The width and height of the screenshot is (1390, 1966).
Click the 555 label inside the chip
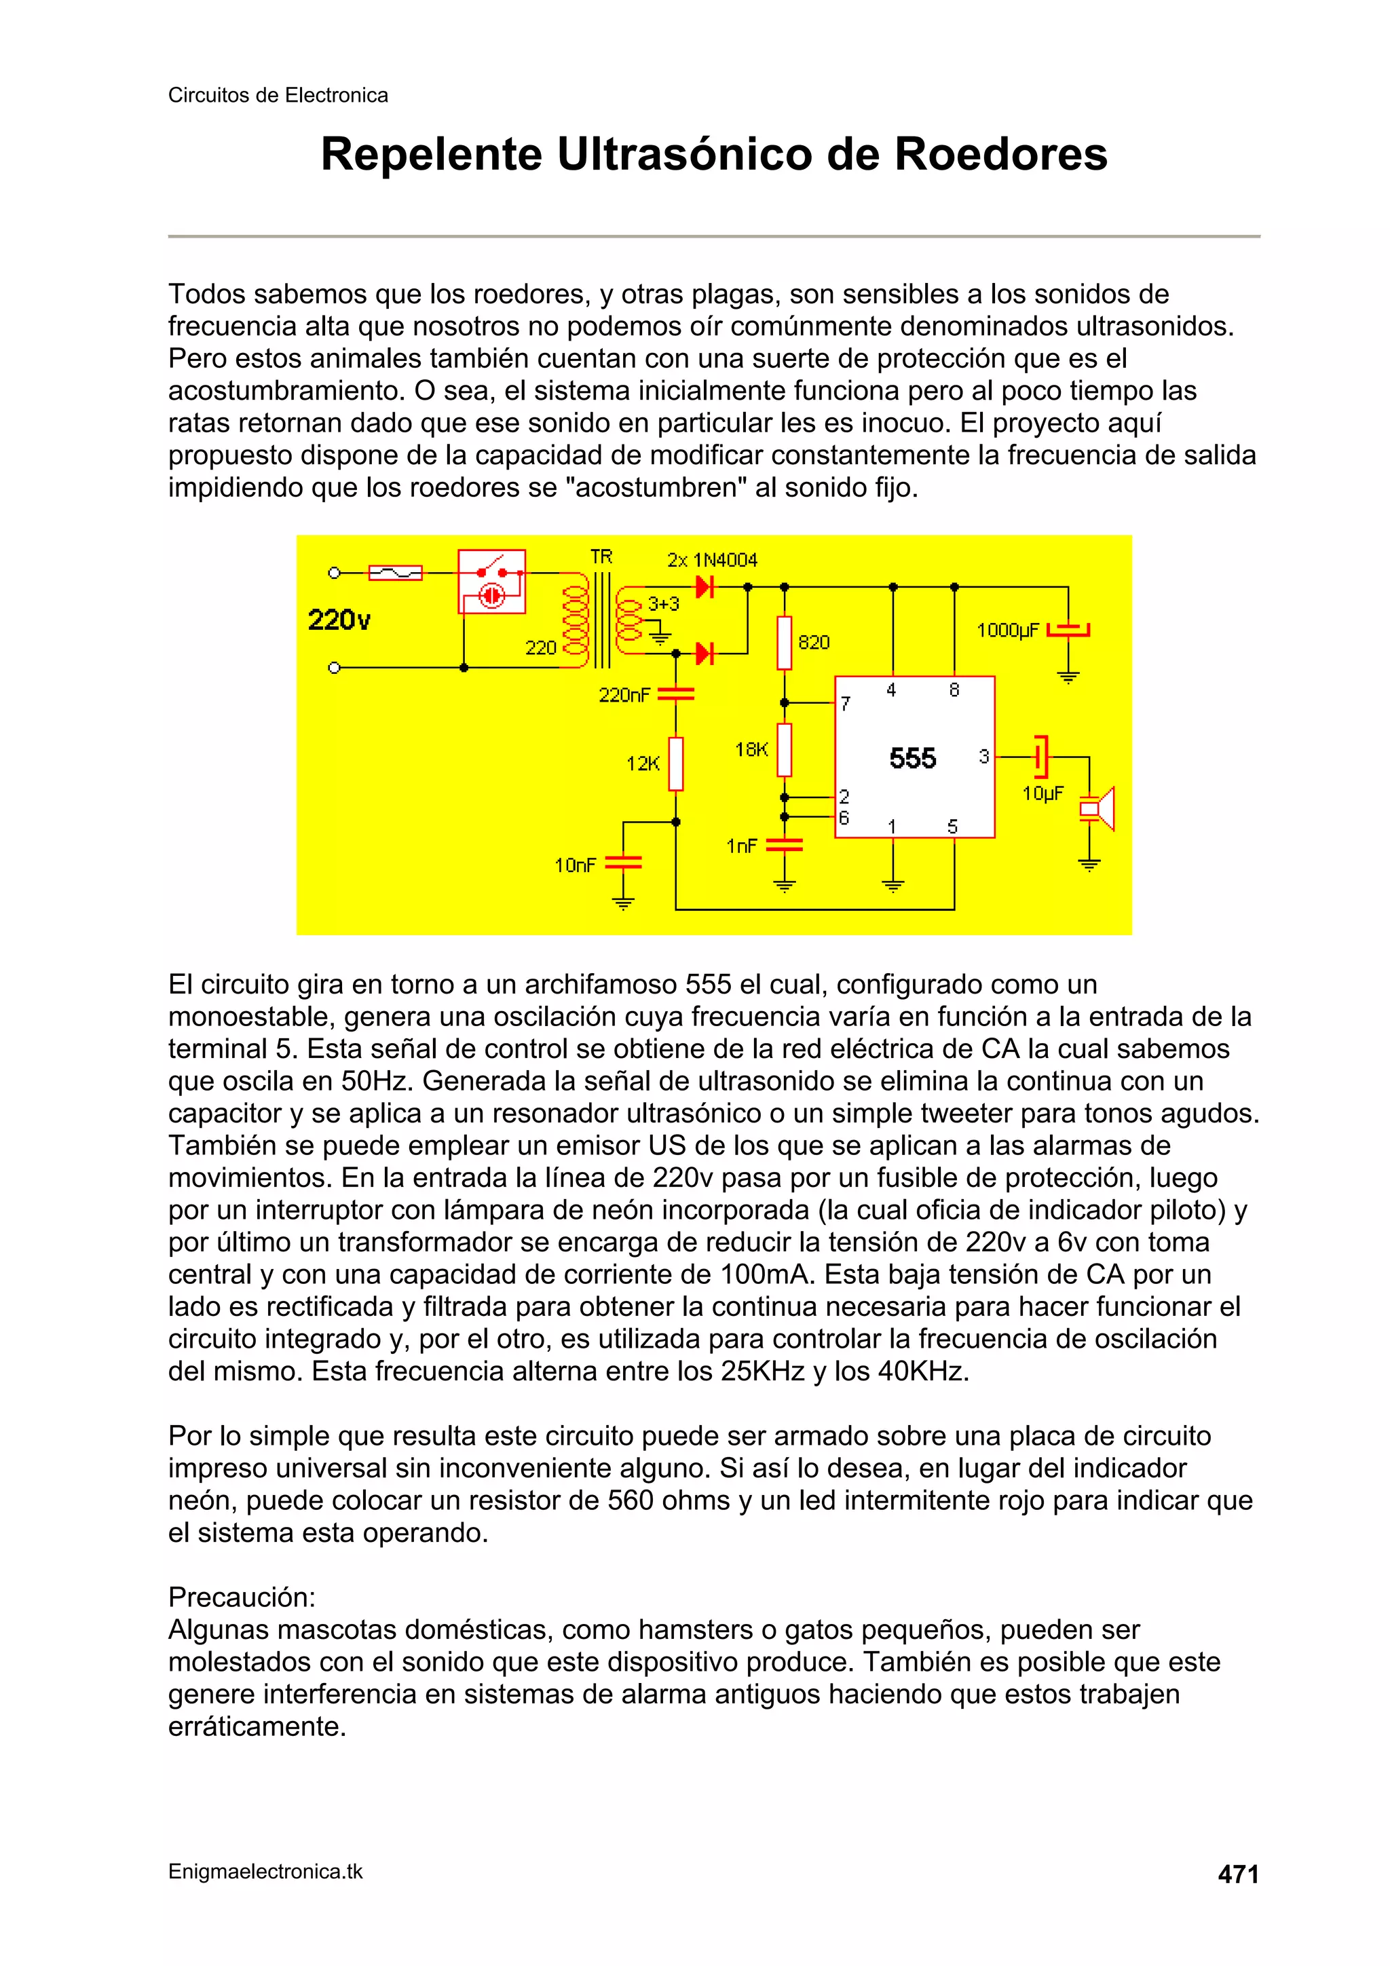912,758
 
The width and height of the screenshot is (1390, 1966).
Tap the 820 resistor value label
814,642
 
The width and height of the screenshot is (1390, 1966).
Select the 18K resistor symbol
784,749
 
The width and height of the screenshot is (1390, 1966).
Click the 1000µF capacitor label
1007,630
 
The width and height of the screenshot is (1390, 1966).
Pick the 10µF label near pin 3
1042,794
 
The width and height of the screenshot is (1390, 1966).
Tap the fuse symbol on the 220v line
395,572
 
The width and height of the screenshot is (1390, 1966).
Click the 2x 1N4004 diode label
712,560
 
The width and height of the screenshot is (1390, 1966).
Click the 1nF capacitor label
742,846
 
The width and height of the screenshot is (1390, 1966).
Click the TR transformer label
601,556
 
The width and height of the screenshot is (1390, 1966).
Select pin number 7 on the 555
845,704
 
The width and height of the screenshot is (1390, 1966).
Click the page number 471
1237,1874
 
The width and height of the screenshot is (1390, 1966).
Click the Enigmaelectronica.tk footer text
265,1872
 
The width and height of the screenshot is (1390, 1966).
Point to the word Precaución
242,1597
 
